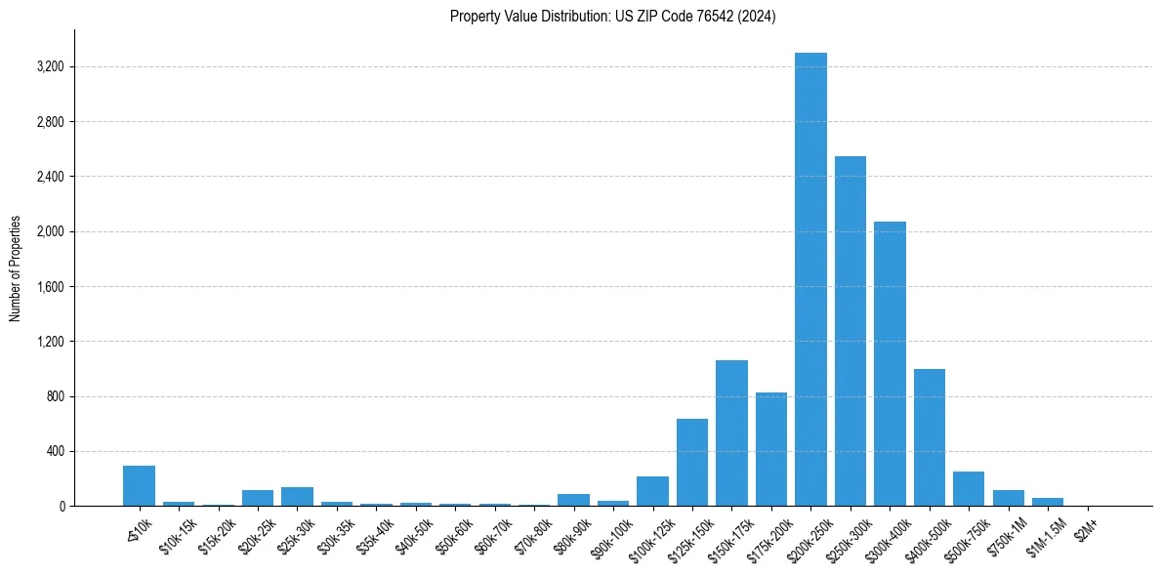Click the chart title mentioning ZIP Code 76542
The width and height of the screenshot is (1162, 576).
click(x=612, y=17)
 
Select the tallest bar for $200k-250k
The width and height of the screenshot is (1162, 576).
click(x=810, y=279)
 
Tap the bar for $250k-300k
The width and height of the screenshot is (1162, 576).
click(x=851, y=331)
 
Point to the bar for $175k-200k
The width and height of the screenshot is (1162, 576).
click(x=771, y=449)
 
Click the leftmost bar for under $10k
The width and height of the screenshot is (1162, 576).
click(x=139, y=485)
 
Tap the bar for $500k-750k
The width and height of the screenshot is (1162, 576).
click(x=969, y=488)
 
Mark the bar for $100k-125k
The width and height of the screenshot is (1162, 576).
click(x=652, y=491)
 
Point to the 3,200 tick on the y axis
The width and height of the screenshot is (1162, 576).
click(x=50, y=67)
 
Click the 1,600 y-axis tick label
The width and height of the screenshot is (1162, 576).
click(x=50, y=287)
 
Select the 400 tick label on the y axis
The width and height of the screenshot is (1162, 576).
click(x=55, y=451)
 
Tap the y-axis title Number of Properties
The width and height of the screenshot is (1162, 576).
click(x=16, y=268)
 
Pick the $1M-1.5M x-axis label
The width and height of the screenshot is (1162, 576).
click(x=1045, y=533)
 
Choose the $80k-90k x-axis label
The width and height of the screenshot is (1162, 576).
click(x=571, y=533)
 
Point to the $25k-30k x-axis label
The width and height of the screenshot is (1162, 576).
click(x=295, y=533)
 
